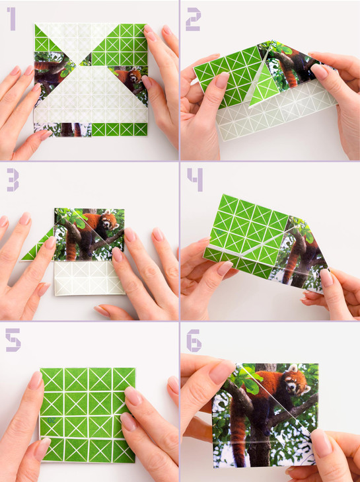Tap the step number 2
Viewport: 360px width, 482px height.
(193, 20)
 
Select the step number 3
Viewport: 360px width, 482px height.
(12, 181)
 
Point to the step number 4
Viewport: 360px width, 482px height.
(194, 180)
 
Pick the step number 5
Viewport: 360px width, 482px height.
(13, 340)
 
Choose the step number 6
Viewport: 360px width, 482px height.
(194, 340)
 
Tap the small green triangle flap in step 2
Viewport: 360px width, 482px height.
(264, 89)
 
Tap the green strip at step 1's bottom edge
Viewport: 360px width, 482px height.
(119, 129)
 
